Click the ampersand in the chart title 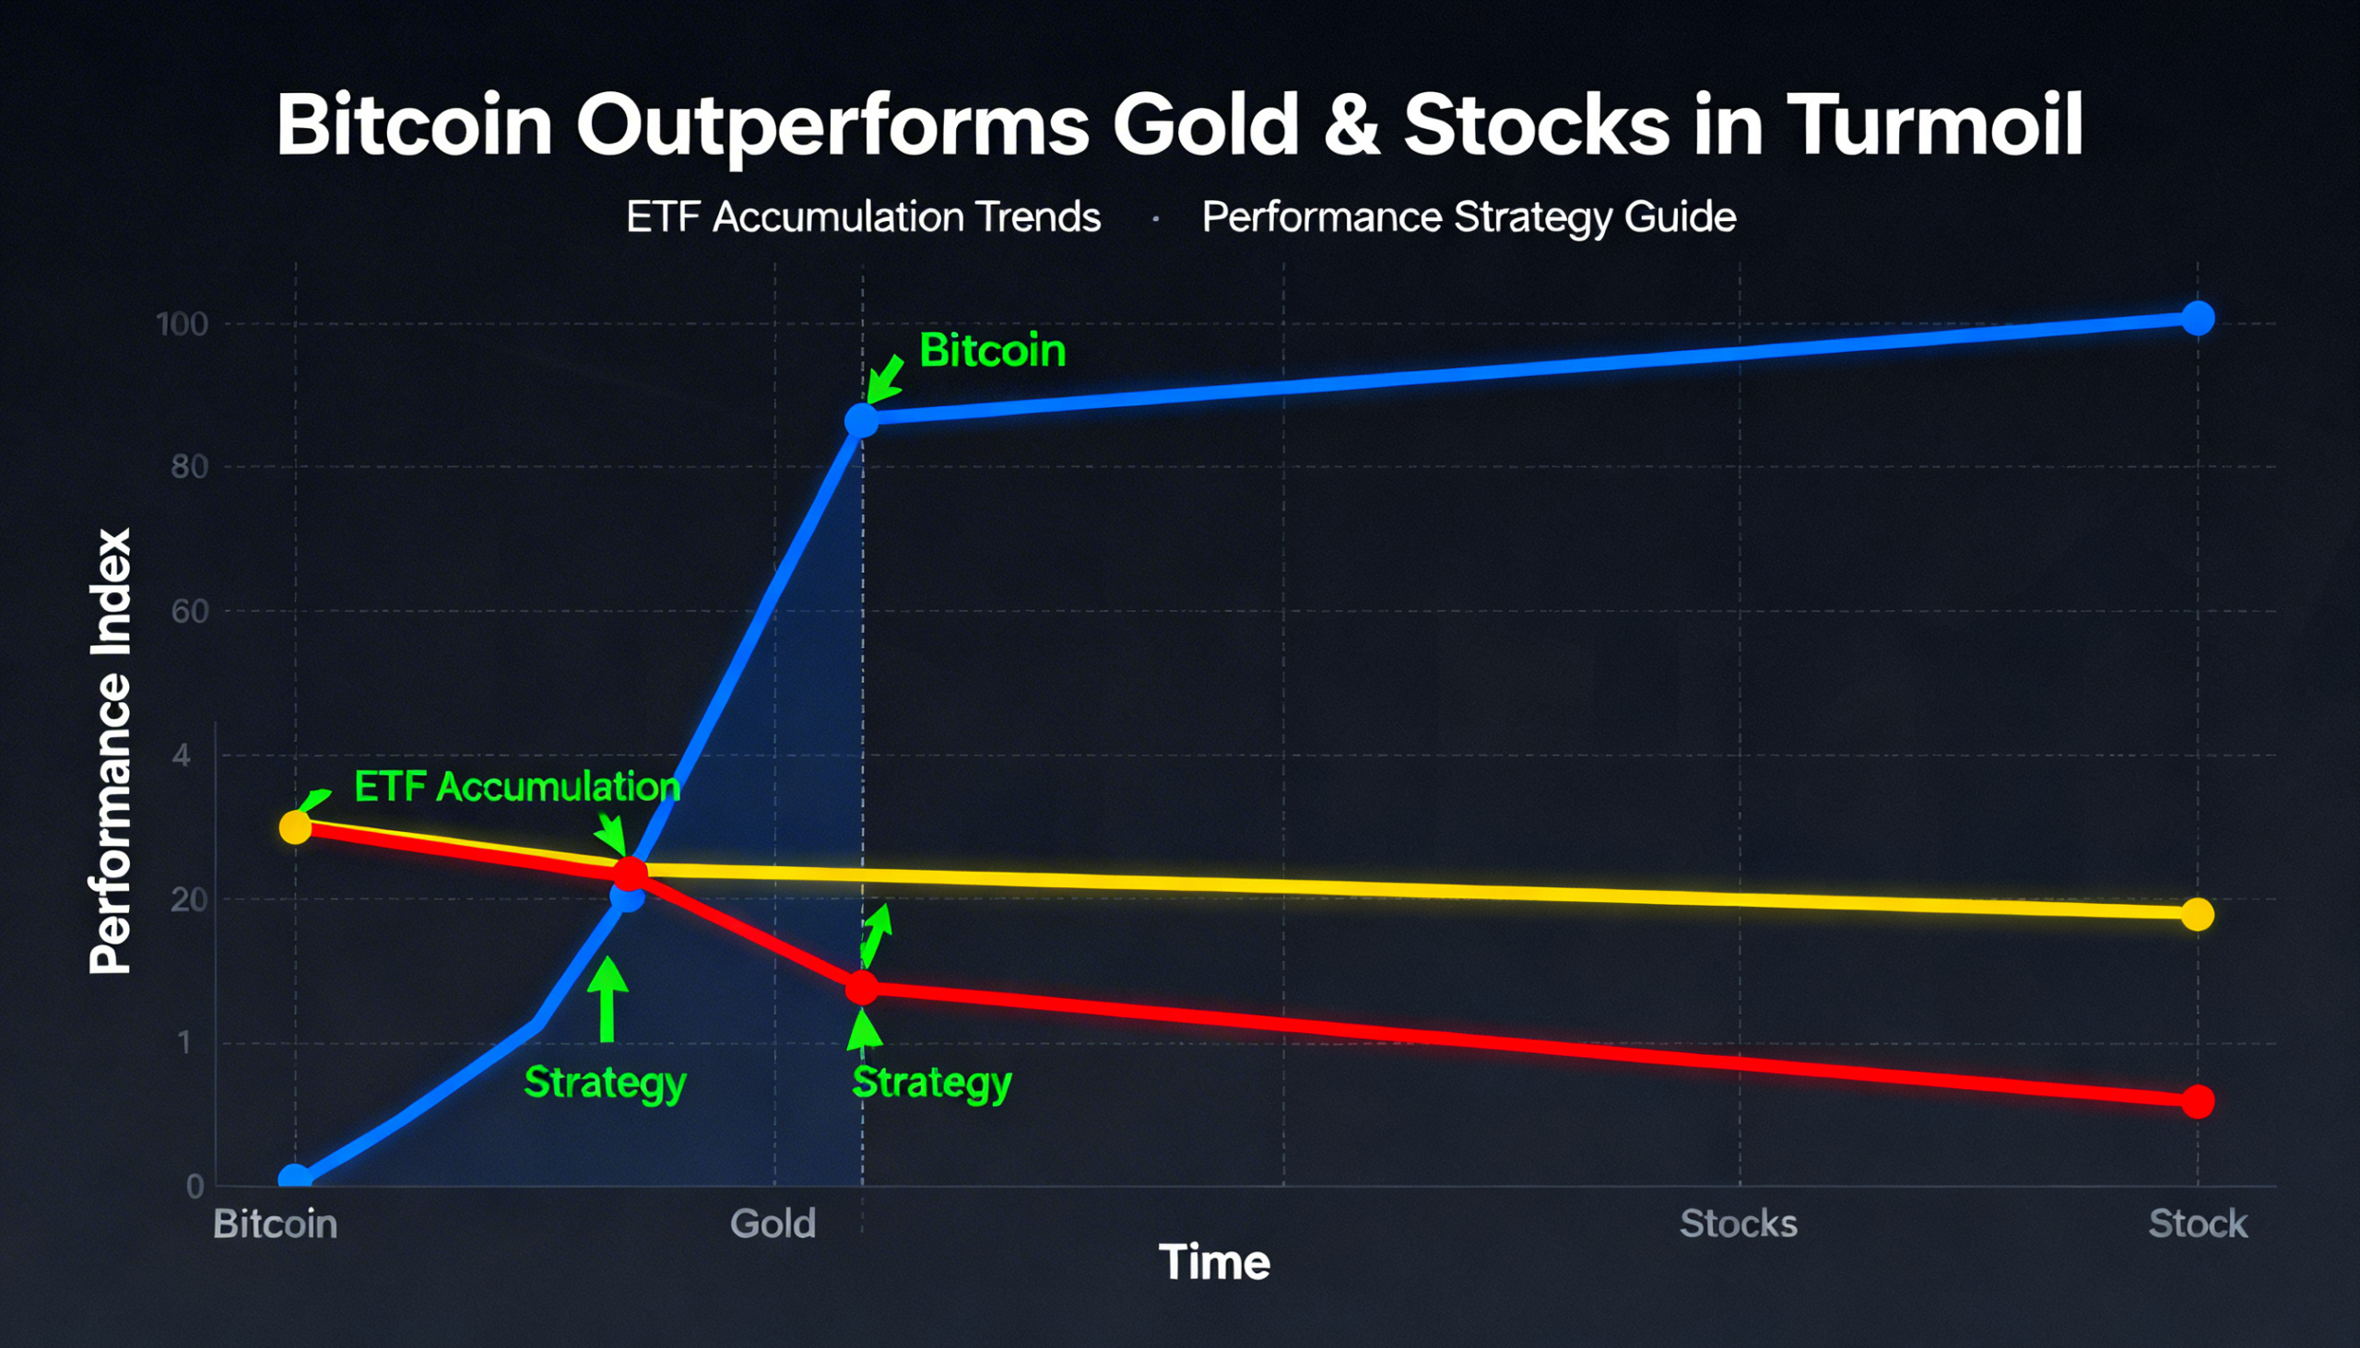[x=1351, y=124]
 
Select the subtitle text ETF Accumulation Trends [x=863, y=217]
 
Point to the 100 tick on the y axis [x=182, y=324]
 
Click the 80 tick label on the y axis [x=189, y=466]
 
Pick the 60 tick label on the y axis [x=189, y=611]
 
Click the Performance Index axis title [x=111, y=751]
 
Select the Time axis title [x=1214, y=1263]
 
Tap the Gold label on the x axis [x=773, y=1224]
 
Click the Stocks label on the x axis [x=1739, y=1224]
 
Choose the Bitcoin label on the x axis [x=275, y=1224]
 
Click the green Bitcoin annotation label [x=992, y=351]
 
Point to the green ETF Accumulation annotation [x=517, y=787]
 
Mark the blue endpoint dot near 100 [x=2198, y=319]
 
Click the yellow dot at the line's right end [x=2197, y=915]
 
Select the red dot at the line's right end [x=2198, y=1102]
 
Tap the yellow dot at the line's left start [x=296, y=826]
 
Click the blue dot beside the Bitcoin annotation [x=861, y=420]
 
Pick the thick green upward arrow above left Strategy [x=607, y=999]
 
